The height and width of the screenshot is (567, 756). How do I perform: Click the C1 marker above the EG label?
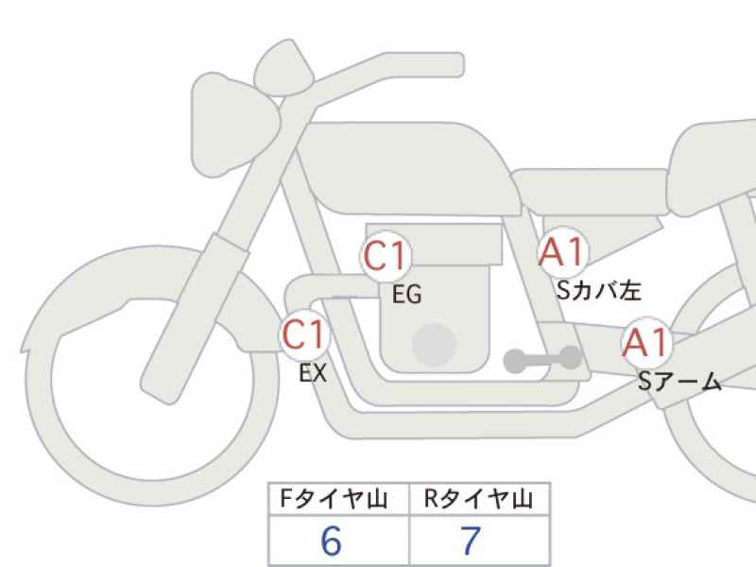click(x=385, y=255)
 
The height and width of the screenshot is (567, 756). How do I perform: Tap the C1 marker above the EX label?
click(x=304, y=335)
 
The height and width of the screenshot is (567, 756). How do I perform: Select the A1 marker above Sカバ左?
click(x=563, y=251)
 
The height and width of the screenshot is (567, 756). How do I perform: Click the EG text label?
click(x=407, y=294)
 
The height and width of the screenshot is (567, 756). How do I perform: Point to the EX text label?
click(x=313, y=372)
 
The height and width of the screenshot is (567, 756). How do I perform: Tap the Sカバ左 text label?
click(x=599, y=290)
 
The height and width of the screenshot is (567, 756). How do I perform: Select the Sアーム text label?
click(x=679, y=382)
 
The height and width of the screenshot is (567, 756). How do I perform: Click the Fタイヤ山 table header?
click(x=334, y=499)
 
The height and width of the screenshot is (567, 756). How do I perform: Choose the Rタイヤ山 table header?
click(x=478, y=499)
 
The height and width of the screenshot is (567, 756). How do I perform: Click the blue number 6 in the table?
click(x=332, y=541)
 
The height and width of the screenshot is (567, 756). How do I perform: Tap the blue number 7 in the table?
click(x=471, y=541)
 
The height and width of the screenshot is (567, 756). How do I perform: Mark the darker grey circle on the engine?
click(x=435, y=345)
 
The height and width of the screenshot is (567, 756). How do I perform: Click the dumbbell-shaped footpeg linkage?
click(x=542, y=359)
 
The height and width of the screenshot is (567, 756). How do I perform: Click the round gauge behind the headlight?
click(x=283, y=69)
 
